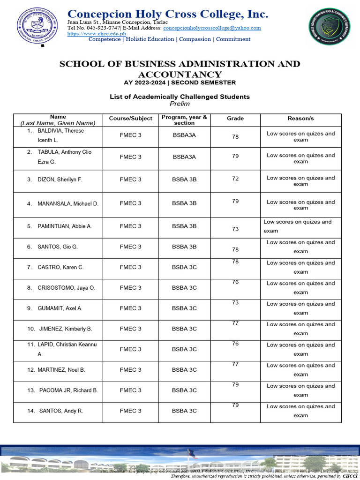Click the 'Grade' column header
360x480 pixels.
(x=235, y=119)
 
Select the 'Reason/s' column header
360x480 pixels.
(x=300, y=119)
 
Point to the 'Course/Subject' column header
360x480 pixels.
(x=130, y=119)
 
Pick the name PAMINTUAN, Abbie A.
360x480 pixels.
(x=64, y=226)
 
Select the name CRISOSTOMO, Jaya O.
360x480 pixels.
(x=66, y=288)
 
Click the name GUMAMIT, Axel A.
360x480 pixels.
(x=60, y=308)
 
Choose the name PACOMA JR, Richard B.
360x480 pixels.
(x=68, y=390)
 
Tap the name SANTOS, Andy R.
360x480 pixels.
(x=61, y=411)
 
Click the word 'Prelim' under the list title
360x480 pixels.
(x=180, y=104)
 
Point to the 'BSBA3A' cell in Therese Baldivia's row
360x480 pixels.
(x=184, y=135)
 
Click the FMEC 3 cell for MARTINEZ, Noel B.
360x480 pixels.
(x=130, y=370)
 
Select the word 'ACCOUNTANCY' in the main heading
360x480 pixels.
(x=180, y=75)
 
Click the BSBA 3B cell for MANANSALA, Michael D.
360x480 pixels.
(x=184, y=203)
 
